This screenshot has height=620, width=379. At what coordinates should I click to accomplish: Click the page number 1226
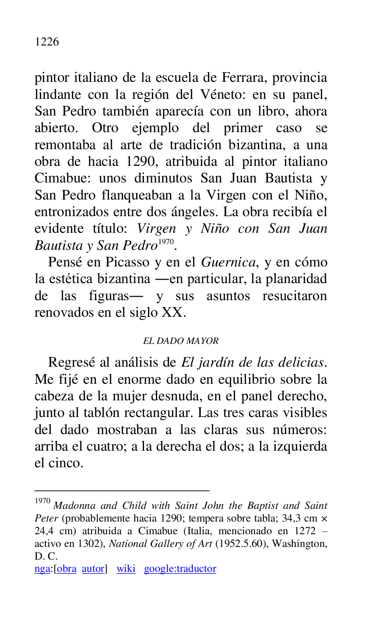pyautogui.click(x=46, y=42)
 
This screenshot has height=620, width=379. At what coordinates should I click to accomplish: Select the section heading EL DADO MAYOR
pyautogui.click(x=181, y=341)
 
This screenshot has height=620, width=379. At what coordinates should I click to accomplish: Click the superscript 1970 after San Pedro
pyautogui.click(x=166, y=242)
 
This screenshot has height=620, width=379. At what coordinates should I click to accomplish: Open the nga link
pyautogui.click(x=42, y=569)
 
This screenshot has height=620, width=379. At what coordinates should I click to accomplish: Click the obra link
pyautogui.click(x=67, y=569)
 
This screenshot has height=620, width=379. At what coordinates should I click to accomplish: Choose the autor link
pyautogui.click(x=93, y=569)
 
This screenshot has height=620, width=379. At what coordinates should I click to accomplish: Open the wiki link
pyautogui.click(x=126, y=569)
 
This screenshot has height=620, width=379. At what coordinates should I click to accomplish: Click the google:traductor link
pyautogui.click(x=180, y=569)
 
